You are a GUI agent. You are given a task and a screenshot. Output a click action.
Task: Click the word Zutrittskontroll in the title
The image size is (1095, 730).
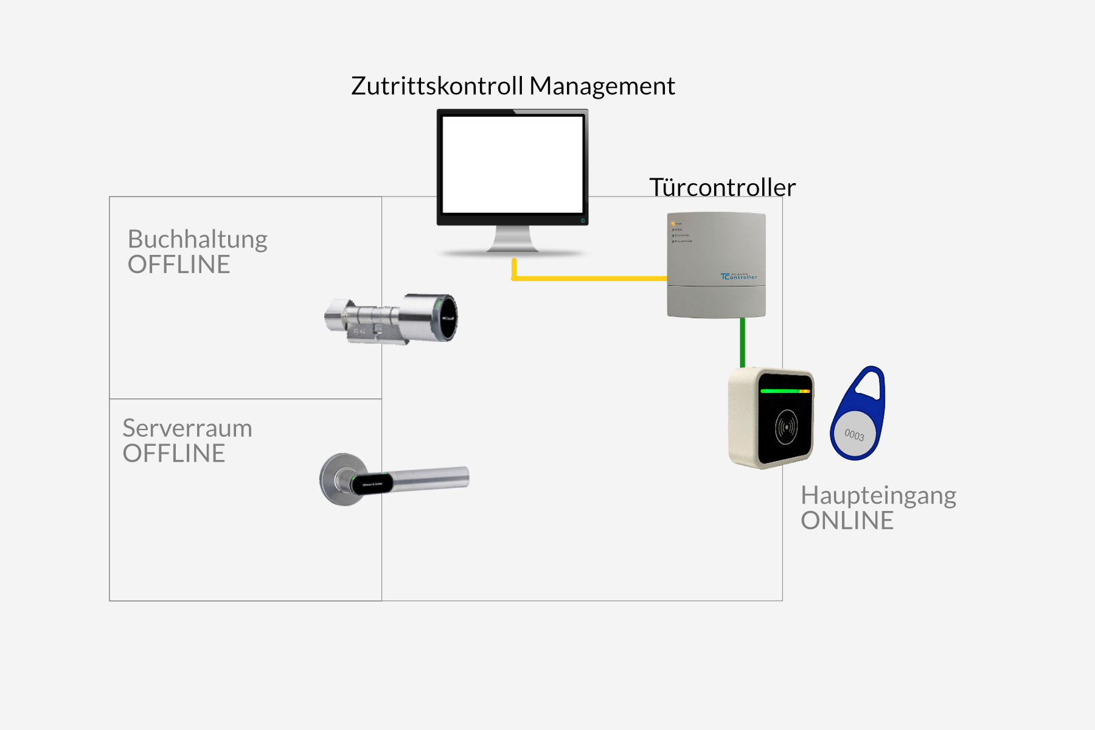pyautogui.click(x=437, y=86)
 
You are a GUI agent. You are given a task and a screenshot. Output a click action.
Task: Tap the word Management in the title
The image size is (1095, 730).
pyautogui.click(x=602, y=86)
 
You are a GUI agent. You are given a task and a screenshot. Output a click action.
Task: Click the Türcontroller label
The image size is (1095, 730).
pyautogui.click(x=722, y=187)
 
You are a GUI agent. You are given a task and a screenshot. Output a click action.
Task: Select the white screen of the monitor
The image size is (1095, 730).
pyautogui.click(x=512, y=164)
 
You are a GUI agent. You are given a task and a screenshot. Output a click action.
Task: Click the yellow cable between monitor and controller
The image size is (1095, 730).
pyautogui.click(x=590, y=278)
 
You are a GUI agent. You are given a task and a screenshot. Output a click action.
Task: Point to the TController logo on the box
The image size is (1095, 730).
pyautogui.click(x=739, y=277)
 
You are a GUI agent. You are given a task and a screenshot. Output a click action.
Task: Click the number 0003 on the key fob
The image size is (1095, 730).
pyautogui.click(x=854, y=435)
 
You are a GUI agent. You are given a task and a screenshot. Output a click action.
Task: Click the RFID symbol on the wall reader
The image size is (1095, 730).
pyautogui.click(x=786, y=427)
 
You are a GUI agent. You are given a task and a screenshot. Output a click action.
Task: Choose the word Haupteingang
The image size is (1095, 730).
pyautogui.click(x=878, y=496)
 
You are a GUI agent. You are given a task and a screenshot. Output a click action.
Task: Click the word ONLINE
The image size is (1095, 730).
pyautogui.click(x=847, y=521)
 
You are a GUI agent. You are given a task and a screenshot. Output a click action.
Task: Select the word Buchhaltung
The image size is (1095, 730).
pyautogui.click(x=197, y=240)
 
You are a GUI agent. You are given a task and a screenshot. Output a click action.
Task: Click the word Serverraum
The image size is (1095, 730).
pyautogui.click(x=187, y=428)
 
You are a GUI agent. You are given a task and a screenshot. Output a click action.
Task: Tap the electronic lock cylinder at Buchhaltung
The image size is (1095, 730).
pyautogui.click(x=392, y=318)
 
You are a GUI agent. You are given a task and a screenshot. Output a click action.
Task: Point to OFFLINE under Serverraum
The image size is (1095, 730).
pyautogui.click(x=173, y=454)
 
